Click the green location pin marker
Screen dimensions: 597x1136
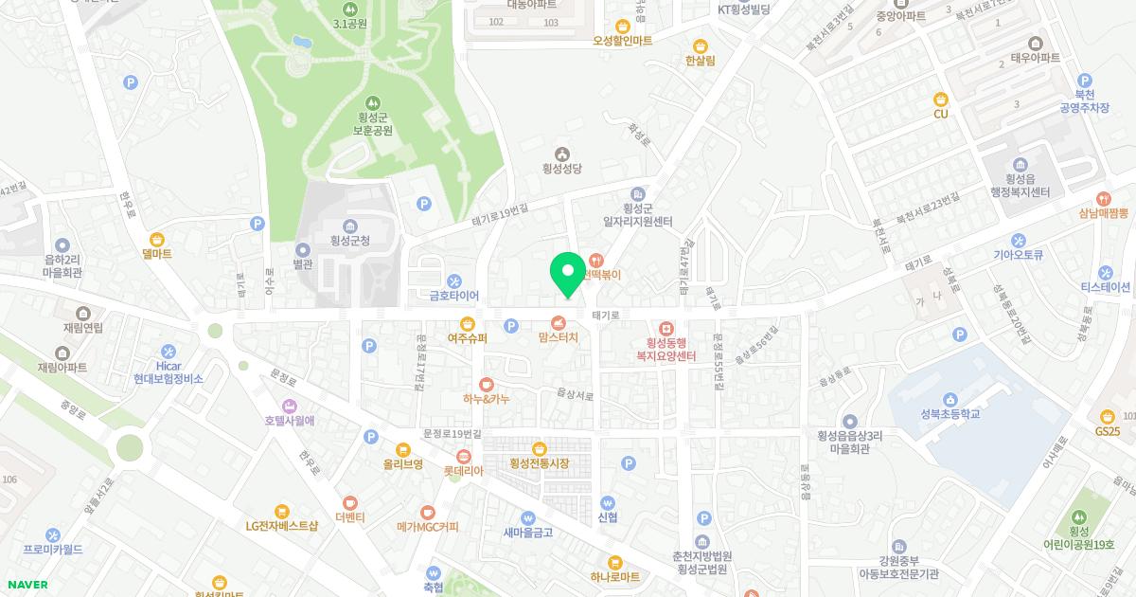click(568, 274)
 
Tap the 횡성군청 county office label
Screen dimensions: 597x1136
click(350, 241)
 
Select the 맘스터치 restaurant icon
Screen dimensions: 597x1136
click(559, 322)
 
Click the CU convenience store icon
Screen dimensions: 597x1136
click(941, 99)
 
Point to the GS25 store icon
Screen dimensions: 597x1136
click(1107, 416)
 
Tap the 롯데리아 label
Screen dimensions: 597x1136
click(463, 471)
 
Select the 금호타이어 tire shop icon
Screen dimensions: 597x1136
click(454, 280)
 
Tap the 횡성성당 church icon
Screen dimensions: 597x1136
click(562, 154)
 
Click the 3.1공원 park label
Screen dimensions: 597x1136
click(350, 24)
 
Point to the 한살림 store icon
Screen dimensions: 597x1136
click(701, 45)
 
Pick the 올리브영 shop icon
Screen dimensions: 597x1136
click(403, 450)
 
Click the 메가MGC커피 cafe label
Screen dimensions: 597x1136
click(427, 527)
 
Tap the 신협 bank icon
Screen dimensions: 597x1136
click(608, 503)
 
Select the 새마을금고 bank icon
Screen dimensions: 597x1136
click(528, 517)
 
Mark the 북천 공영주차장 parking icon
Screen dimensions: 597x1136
click(1085, 81)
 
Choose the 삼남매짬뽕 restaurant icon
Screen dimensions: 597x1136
click(1104, 199)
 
